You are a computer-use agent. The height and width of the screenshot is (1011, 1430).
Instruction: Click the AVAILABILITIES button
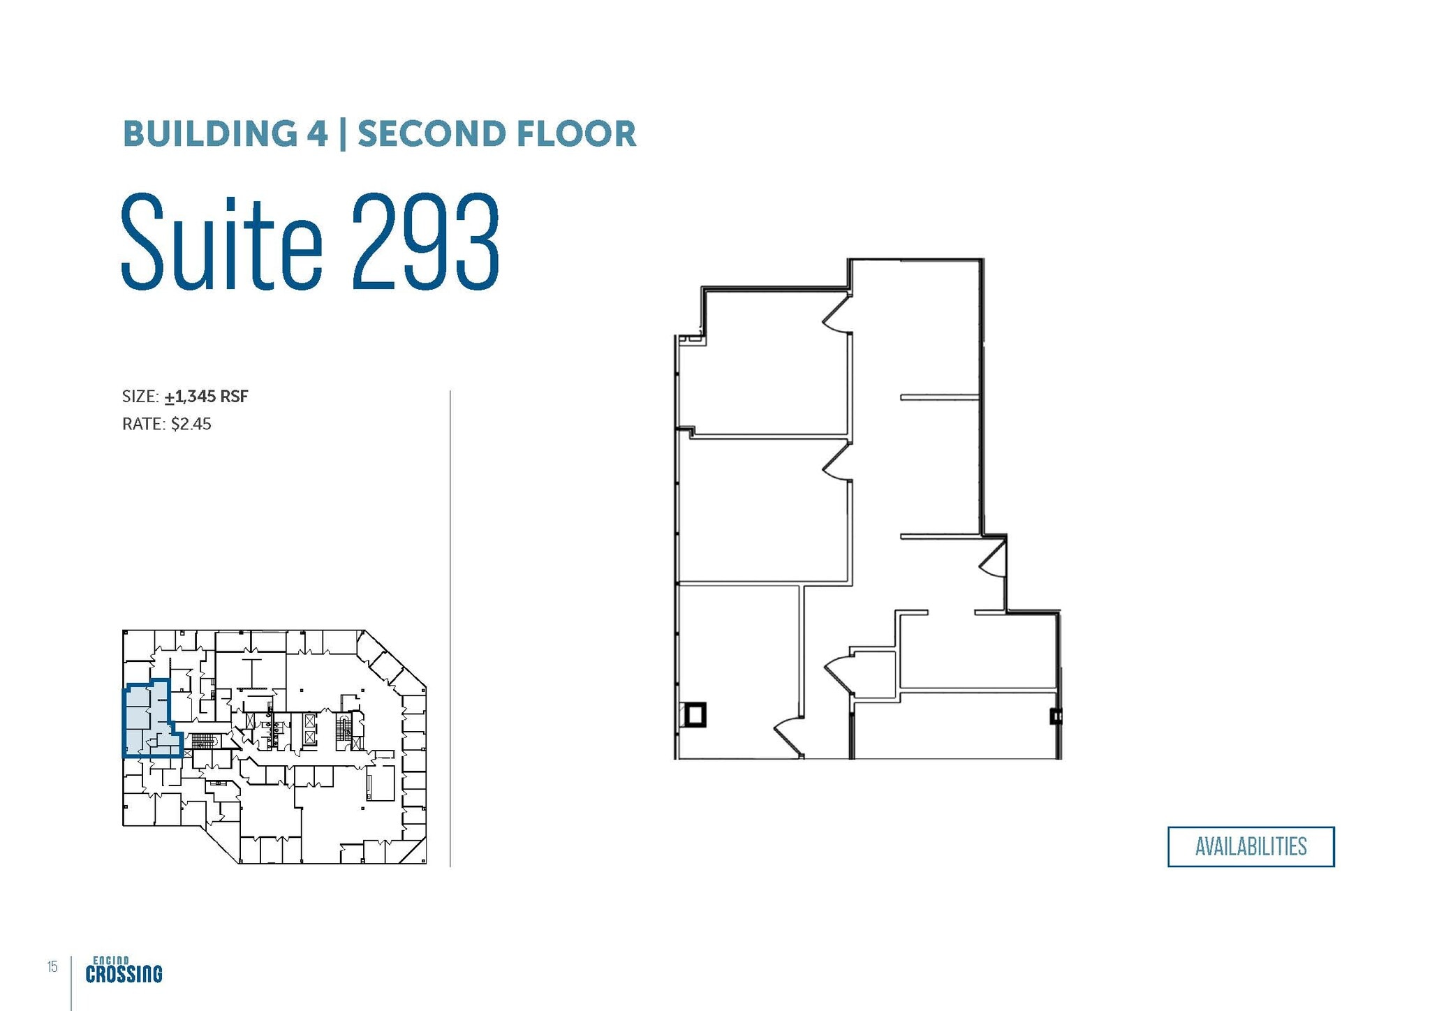pyautogui.click(x=1251, y=847)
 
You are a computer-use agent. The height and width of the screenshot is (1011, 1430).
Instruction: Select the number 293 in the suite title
pyautogui.click(x=426, y=242)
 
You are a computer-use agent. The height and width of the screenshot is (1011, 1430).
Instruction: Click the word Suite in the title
pyautogui.click(x=222, y=242)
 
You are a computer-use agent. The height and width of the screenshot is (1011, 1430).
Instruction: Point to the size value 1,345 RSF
pyautogui.click(x=207, y=397)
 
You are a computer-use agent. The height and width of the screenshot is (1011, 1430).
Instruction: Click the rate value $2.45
pyautogui.click(x=191, y=424)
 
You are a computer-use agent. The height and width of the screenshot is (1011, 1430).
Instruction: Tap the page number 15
pyautogui.click(x=52, y=966)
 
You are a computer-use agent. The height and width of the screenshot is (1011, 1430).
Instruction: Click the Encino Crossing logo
pyautogui.click(x=124, y=970)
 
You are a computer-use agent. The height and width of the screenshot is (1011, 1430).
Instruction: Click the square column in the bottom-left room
pyautogui.click(x=695, y=715)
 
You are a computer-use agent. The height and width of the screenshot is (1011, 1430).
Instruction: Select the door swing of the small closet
pyautogui.click(x=837, y=672)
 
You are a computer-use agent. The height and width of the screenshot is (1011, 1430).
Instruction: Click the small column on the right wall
pyautogui.click(x=1056, y=716)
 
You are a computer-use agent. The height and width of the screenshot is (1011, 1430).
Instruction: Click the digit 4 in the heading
pyautogui.click(x=317, y=134)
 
